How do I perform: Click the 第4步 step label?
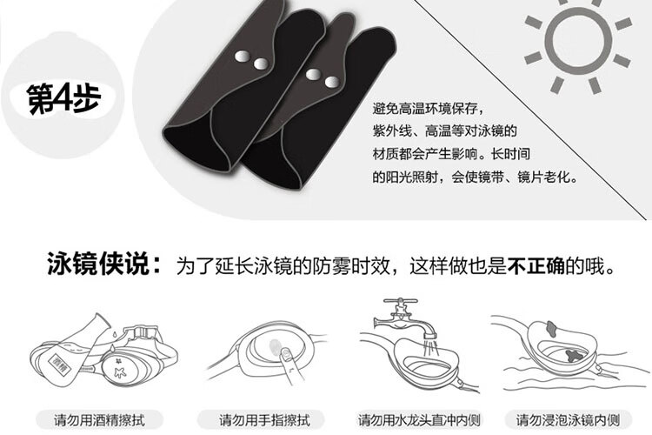(x=63, y=98)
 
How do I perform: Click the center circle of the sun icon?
(x=578, y=40)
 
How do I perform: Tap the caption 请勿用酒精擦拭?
(x=99, y=419)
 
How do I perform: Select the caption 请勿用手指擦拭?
(x=264, y=419)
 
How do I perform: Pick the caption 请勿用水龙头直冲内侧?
(x=419, y=419)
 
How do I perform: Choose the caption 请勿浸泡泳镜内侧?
(x=568, y=419)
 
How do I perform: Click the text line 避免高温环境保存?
(x=429, y=109)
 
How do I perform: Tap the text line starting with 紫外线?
(x=444, y=131)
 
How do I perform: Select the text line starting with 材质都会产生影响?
(x=451, y=154)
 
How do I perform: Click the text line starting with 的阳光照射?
(x=475, y=177)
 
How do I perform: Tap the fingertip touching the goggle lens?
(x=286, y=355)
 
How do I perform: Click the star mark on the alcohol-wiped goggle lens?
(x=120, y=371)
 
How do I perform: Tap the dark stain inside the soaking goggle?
(x=575, y=356)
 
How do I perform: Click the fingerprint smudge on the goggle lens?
(x=274, y=345)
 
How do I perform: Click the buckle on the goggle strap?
(x=141, y=333)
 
